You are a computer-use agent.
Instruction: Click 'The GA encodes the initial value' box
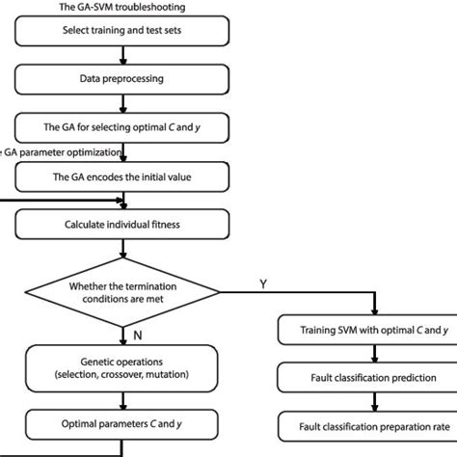click(122, 177)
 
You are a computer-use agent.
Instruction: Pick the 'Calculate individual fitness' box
click(122, 224)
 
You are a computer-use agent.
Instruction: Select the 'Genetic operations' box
click(122, 366)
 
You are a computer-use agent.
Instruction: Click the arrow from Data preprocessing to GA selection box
click(122, 102)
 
